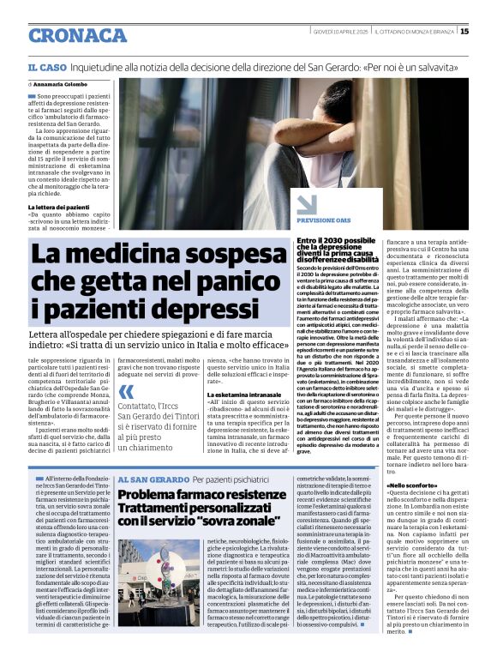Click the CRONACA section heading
tap(76, 35)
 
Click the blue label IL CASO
tap(45, 67)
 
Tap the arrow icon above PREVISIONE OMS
tap(308, 203)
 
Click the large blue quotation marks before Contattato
tap(127, 392)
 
